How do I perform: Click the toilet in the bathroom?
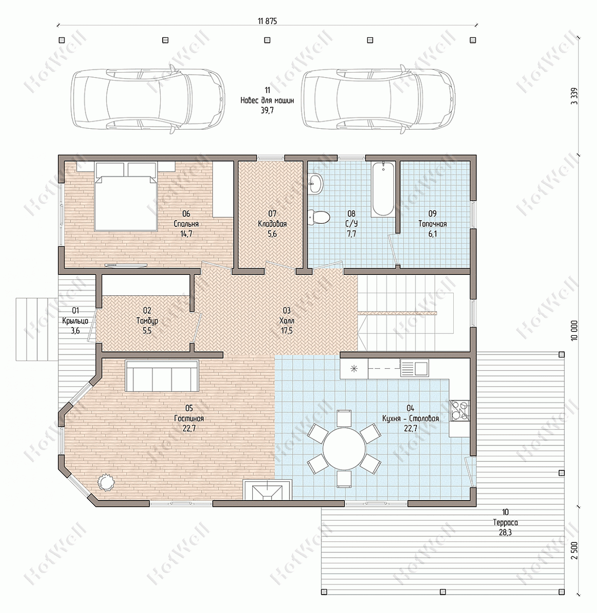[319, 217]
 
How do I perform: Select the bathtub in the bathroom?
[383, 190]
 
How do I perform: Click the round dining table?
[344, 447]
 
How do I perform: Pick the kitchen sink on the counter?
[414, 368]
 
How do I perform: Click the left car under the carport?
[148, 100]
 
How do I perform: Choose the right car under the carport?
[378, 100]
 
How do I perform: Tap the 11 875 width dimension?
[267, 21]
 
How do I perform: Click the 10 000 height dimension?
[574, 331]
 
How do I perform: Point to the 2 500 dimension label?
[574, 550]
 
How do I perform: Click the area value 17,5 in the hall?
[286, 331]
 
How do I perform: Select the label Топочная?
[432, 224]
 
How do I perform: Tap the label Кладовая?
[272, 224]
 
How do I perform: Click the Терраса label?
[505, 523]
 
